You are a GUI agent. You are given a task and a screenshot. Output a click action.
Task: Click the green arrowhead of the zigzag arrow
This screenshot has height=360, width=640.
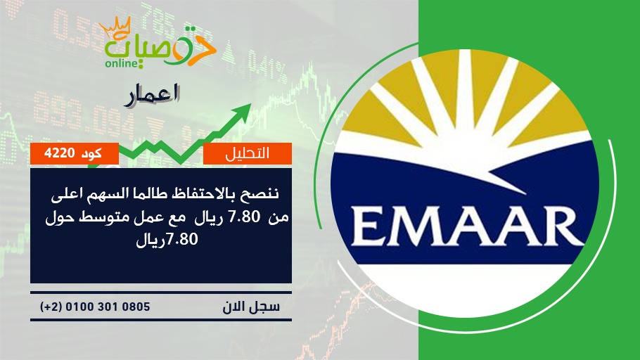(243, 111)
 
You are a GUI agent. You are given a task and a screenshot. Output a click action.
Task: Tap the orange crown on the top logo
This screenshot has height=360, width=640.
(115, 27)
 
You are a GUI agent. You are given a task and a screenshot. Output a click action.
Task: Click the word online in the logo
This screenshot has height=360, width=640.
(120, 63)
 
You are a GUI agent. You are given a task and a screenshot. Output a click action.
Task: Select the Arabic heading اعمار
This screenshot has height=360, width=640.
(152, 95)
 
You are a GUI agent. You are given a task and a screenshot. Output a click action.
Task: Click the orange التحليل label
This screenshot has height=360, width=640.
(247, 153)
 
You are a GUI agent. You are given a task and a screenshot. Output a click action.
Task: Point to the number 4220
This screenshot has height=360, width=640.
(59, 153)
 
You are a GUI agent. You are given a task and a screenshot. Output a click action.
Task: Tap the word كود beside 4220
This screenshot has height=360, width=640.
(92, 153)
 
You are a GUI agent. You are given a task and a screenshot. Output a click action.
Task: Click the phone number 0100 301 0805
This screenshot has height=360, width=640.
(108, 307)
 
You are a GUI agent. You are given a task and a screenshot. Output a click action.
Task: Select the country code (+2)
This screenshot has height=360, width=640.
(51, 307)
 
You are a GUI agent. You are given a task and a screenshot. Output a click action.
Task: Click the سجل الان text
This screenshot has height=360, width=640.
(251, 307)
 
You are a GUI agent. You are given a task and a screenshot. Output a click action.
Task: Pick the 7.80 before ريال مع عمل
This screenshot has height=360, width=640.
(245, 217)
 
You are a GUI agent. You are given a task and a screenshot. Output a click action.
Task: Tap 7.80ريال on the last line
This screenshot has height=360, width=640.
(167, 239)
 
